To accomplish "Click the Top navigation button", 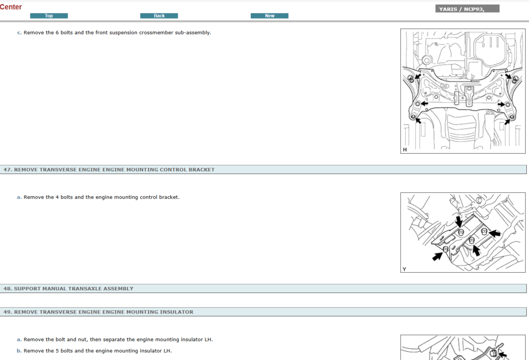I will [x=49, y=16].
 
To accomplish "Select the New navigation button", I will [x=269, y=16].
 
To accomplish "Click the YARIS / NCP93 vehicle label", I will [x=467, y=9].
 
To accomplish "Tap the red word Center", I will [x=11, y=7].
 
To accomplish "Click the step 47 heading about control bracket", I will [x=109, y=170].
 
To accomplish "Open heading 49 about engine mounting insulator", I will [x=98, y=312].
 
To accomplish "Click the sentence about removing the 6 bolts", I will [x=117, y=33].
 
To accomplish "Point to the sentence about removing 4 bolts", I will [x=101, y=197].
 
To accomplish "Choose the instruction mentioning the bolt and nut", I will [x=118, y=339].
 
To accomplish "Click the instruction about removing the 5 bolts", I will [x=97, y=351].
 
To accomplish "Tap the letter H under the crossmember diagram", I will [x=405, y=150].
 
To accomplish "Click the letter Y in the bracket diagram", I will [x=405, y=269].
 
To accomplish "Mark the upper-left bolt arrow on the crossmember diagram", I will [x=417, y=77].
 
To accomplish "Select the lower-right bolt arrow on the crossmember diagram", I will [x=507, y=121].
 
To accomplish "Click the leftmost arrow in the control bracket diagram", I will [x=437, y=256].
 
